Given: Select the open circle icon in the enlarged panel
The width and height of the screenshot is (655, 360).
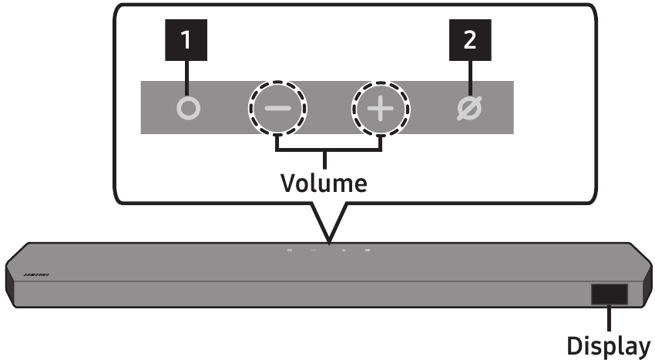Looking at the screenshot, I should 188,109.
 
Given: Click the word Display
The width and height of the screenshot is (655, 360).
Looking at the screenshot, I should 609,344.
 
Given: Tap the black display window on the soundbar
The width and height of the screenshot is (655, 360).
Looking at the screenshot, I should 609,294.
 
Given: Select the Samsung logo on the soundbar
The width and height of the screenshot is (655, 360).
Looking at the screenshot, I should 36,273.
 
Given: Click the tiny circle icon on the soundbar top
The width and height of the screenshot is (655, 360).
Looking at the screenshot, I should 290,251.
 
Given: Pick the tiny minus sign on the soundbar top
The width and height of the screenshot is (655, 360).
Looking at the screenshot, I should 314,251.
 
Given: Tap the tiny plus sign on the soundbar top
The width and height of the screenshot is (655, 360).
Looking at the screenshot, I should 344,251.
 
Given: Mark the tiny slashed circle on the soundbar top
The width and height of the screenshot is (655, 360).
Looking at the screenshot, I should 368,251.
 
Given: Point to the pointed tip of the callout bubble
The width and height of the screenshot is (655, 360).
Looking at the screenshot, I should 328,241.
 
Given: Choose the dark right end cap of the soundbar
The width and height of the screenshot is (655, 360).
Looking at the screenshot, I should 646,284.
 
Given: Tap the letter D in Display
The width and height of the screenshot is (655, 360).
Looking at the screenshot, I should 574,344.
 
